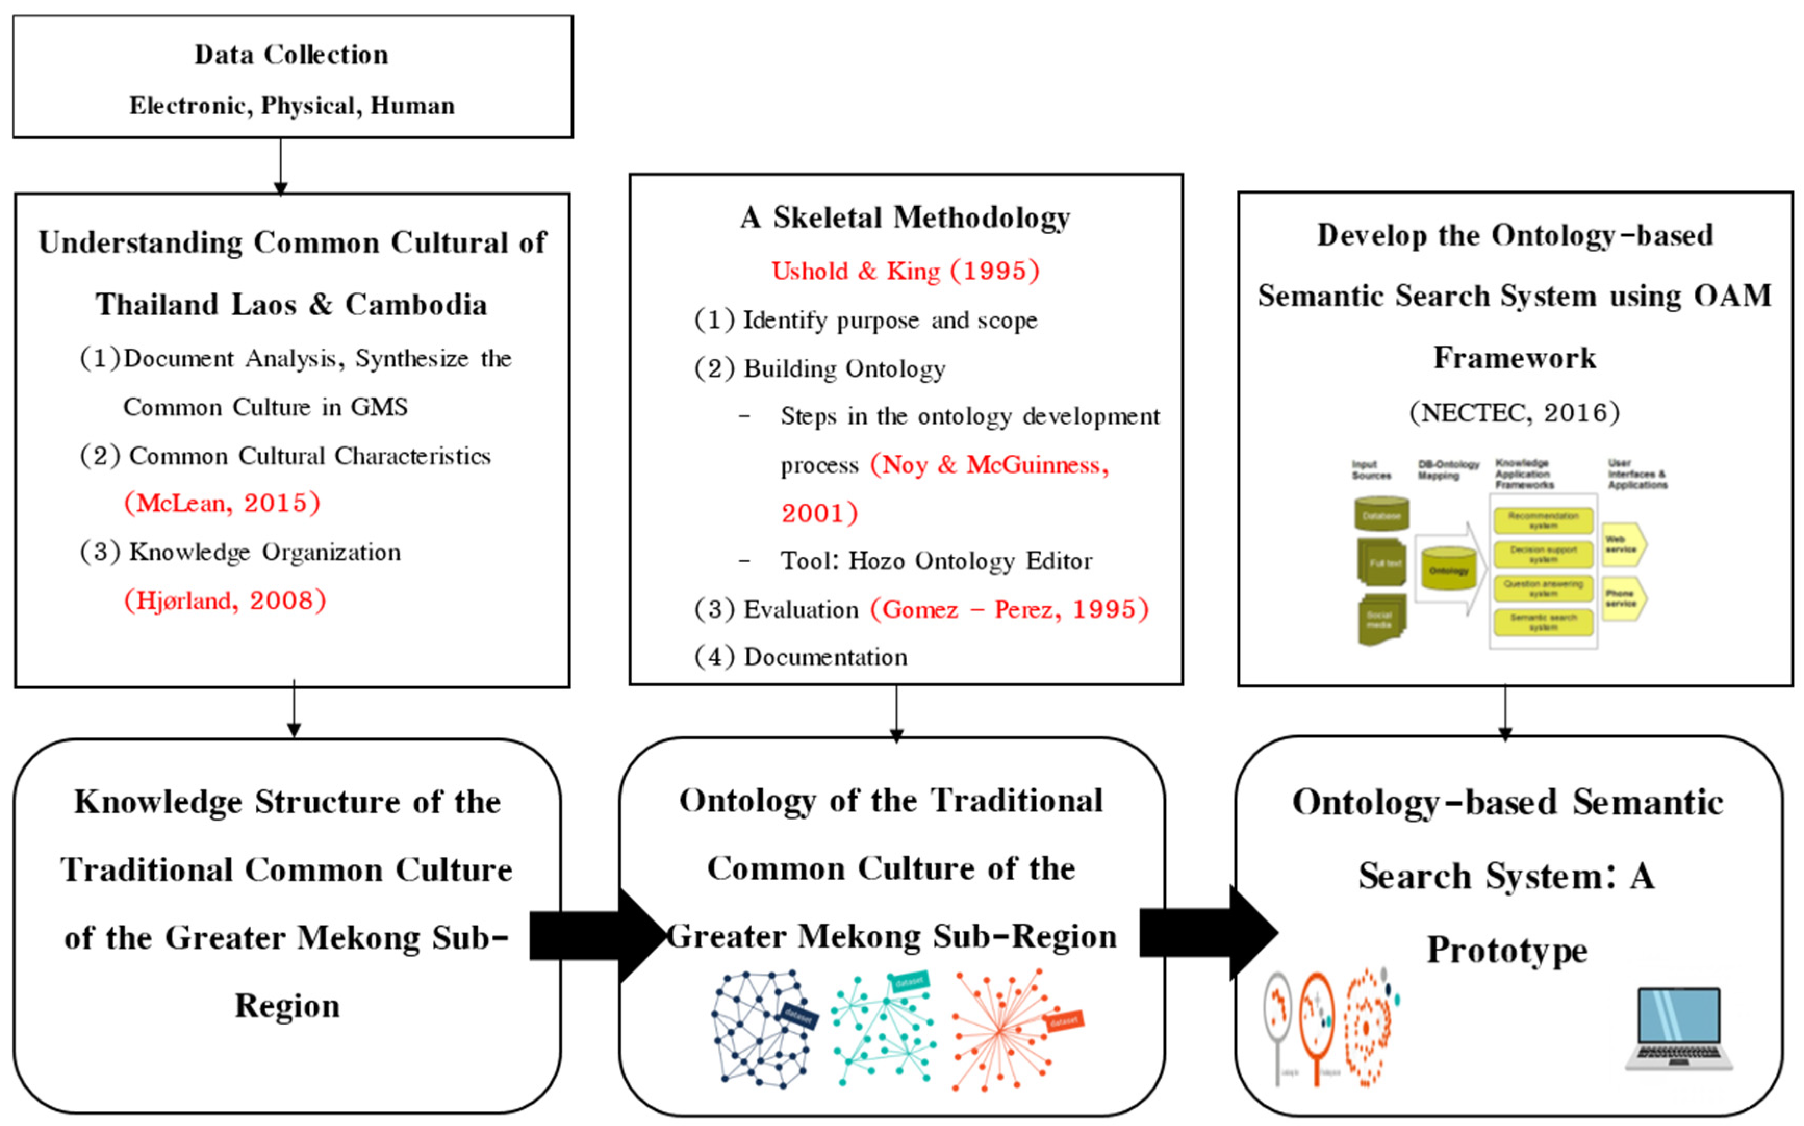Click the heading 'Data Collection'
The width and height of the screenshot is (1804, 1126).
(291, 54)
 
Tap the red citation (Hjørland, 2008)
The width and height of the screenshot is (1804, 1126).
(225, 600)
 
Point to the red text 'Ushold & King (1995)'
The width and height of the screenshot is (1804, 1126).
(905, 271)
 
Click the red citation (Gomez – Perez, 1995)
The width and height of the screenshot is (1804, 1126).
(1009, 610)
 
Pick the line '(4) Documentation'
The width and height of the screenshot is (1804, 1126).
(801, 657)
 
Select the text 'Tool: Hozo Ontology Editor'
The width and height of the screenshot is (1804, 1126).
(935, 561)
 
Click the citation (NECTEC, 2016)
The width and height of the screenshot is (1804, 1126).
(1514, 412)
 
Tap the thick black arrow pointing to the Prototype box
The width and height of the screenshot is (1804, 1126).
(1206, 932)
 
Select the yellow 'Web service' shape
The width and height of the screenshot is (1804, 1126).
(1623, 545)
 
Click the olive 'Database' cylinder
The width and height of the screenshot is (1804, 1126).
(1381, 515)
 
